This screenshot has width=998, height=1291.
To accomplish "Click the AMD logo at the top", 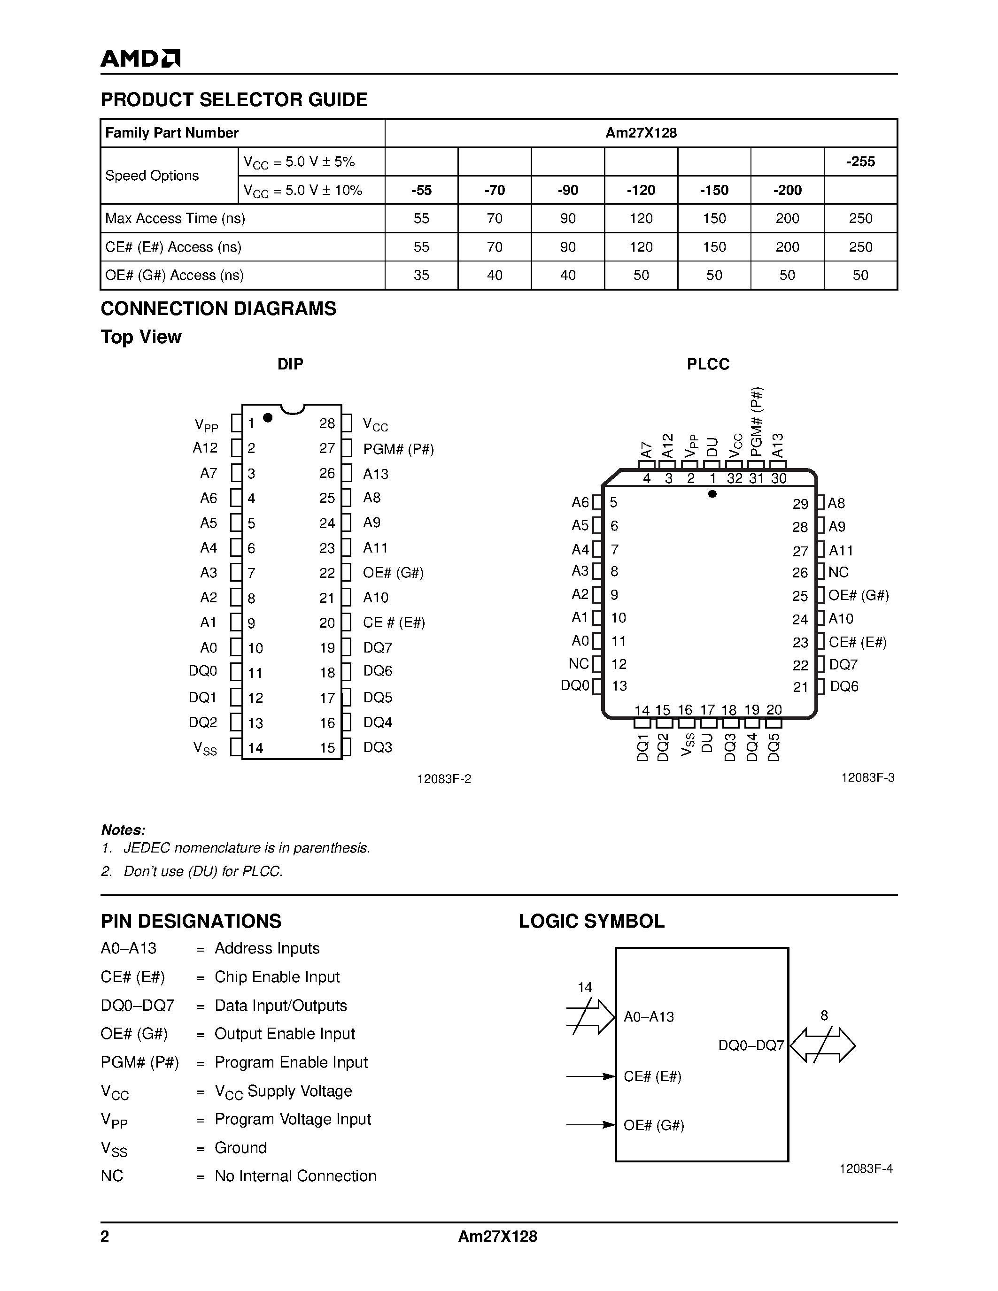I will click(x=140, y=58).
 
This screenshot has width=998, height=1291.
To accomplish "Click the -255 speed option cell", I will click(x=860, y=161).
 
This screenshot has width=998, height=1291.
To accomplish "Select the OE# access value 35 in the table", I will click(x=421, y=275).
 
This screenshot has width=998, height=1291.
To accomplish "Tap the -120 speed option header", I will click(x=641, y=190).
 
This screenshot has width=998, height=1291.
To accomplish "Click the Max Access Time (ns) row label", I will click(x=175, y=218).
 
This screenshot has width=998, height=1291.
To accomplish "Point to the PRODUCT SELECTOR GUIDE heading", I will click(x=234, y=100).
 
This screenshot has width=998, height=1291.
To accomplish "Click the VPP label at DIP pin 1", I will click(x=206, y=424).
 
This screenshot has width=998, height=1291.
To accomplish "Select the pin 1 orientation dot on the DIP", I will click(x=267, y=417).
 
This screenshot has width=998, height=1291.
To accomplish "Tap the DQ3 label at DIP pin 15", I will click(x=378, y=747).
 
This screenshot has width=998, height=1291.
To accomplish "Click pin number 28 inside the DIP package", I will click(x=327, y=423).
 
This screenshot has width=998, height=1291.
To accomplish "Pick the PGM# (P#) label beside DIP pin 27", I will click(x=398, y=449).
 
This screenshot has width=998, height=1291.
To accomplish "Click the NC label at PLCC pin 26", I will click(x=838, y=572).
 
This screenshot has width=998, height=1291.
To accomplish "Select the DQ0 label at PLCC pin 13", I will click(x=575, y=686).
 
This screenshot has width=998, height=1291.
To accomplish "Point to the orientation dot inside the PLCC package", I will click(x=712, y=493).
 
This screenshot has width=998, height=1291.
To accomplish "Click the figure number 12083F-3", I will click(x=867, y=778).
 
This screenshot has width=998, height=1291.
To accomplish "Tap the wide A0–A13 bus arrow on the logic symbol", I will click(x=591, y=1017).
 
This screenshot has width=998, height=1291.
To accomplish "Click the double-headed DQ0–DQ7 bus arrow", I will click(x=822, y=1045).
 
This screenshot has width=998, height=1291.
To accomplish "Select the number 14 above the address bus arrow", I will click(x=585, y=987).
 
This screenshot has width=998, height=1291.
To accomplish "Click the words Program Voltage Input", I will click(x=293, y=1119).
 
